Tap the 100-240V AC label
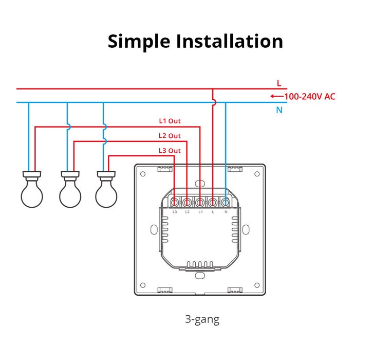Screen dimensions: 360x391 click(310, 96)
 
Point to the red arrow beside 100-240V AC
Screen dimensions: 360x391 click(276, 96)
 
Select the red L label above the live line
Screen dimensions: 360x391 click(279, 83)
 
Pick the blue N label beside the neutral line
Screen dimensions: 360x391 click(279, 110)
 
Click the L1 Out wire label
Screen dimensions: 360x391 click(170, 121)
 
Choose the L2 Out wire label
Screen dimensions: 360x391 click(170, 136)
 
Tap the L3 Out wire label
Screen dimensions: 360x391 click(170, 150)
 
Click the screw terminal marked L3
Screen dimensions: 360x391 click(175, 202)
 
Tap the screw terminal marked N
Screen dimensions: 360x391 click(225, 202)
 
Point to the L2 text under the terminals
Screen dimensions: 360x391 click(187, 212)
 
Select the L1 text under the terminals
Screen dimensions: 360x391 click(200, 212)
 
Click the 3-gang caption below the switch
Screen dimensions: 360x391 click(202, 319)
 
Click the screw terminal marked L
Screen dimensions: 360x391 click(212, 202)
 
